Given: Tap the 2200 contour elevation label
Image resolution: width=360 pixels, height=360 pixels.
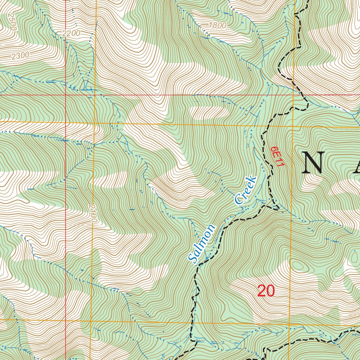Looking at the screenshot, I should click(x=71, y=33).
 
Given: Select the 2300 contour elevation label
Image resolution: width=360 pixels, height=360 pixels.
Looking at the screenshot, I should click(x=20, y=55).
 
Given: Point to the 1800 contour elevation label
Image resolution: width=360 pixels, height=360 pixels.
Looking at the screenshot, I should click(x=218, y=25).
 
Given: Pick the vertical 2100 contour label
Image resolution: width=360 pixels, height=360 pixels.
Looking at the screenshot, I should click(x=92, y=213).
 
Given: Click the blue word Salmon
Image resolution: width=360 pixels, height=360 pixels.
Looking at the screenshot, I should click(x=201, y=244).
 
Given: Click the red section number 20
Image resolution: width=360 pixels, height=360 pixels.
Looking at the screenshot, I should click(x=266, y=291).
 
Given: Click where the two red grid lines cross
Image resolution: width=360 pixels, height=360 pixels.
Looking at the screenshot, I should click(x=66, y=95).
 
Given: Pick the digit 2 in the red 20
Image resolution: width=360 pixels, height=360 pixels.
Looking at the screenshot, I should click(x=262, y=291).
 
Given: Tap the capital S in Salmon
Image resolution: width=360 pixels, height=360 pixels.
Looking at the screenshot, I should click(x=193, y=258).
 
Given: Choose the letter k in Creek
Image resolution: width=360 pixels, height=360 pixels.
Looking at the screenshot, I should click(x=253, y=180).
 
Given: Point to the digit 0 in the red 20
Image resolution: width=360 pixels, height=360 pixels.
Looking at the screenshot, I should click(x=270, y=291).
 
